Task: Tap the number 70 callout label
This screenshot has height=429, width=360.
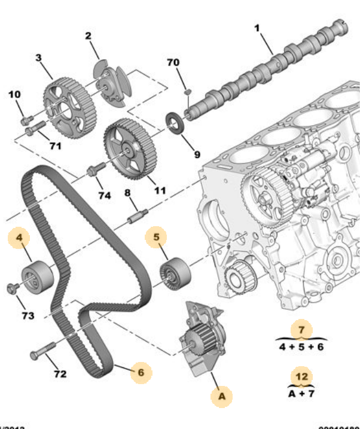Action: [x=173, y=63]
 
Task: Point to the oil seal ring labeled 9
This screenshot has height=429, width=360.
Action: [x=176, y=124]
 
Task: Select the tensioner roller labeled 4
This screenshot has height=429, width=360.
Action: [x=36, y=276]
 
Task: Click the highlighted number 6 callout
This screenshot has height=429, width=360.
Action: [x=141, y=372]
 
